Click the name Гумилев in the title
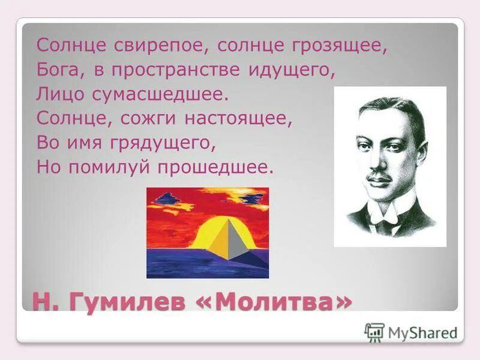click(128, 301)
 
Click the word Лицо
click(57, 94)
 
